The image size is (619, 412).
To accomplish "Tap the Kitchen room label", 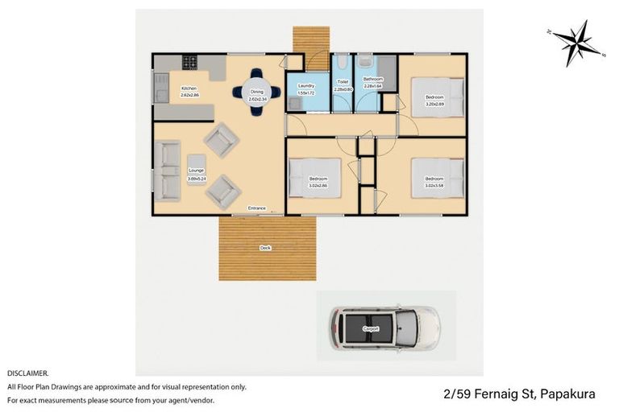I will click(x=189, y=90).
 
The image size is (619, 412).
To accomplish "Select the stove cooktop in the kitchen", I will click(x=189, y=61).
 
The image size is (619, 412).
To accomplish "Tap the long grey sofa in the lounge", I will click(x=169, y=171).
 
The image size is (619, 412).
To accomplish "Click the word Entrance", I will click(x=256, y=208).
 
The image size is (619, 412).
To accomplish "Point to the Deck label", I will click(x=264, y=248).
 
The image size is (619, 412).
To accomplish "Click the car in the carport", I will click(x=384, y=328).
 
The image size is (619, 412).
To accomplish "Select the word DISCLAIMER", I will click(x=27, y=373).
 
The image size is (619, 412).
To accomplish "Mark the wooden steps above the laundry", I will click(x=311, y=39).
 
